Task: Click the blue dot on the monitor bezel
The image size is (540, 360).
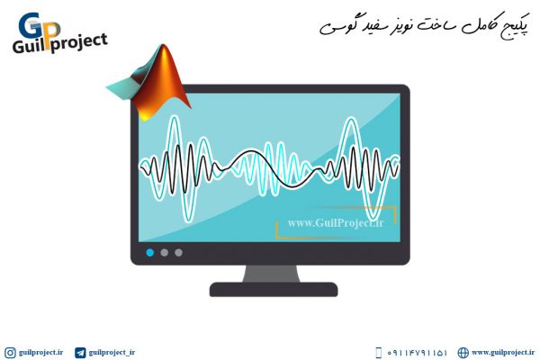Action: [x=149, y=253]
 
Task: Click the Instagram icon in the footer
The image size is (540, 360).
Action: [x=10, y=353]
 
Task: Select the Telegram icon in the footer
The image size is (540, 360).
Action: [x=80, y=353]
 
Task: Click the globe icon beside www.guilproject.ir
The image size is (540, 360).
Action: [x=463, y=353]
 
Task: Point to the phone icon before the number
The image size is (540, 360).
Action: [x=379, y=353]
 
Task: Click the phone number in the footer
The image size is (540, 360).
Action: [x=417, y=353]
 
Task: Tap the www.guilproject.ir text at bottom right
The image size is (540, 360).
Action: [x=503, y=353]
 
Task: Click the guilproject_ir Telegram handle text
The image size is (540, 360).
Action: [x=112, y=353]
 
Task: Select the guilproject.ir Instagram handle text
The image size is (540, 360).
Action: [x=41, y=353]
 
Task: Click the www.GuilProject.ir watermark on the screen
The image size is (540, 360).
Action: [x=336, y=223]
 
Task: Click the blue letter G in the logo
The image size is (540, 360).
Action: [x=31, y=25]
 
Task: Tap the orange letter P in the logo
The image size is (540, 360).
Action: [x=51, y=35]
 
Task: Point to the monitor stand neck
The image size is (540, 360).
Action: [x=272, y=274]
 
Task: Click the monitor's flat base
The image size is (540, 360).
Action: [x=274, y=290]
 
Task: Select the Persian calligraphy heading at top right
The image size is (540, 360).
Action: [x=424, y=26]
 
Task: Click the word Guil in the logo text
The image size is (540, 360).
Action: [x=29, y=46]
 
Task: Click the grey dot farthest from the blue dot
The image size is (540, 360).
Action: [x=178, y=253]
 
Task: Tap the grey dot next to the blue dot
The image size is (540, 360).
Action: [x=165, y=253]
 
